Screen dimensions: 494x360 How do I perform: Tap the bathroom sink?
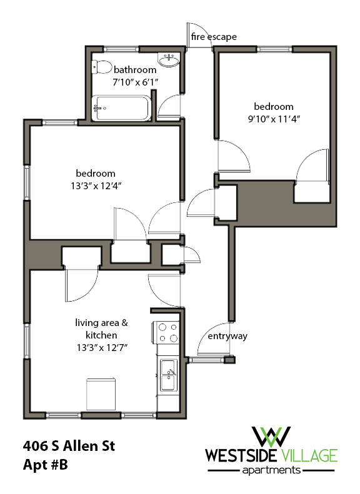pyautogui.click(x=169, y=61)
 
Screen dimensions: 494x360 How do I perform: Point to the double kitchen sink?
pyautogui.click(x=167, y=375)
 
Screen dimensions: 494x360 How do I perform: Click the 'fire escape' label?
pyautogui.click(x=214, y=37)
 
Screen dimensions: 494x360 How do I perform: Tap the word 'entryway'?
pyautogui.click(x=227, y=336)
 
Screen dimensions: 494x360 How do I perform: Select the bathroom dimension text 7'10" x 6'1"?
pyautogui.click(x=135, y=82)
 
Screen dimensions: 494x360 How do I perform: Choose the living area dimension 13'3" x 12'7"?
pyautogui.click(x=102, y=347)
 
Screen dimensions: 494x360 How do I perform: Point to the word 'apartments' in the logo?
pyautogui.click(x=273, y=470)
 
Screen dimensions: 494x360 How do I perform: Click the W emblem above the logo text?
pyautogui.click(x=271, y=435)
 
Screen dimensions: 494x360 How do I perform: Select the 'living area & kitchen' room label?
pyautogui.click(x=102, y=329)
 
